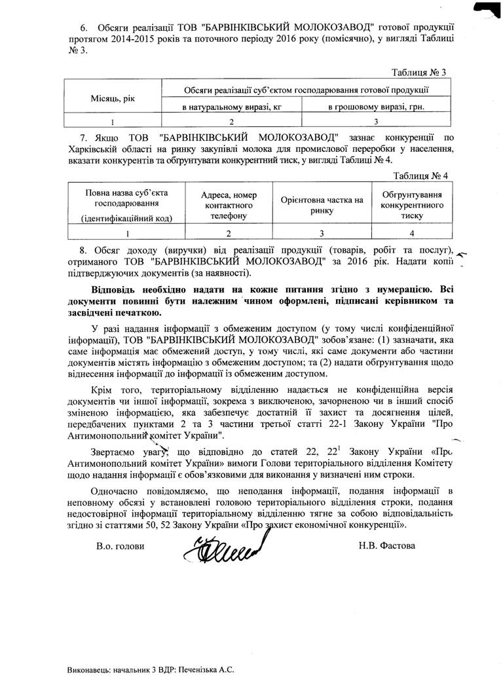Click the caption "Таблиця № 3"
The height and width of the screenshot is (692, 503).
419,72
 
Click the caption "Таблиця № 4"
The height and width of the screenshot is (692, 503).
420,177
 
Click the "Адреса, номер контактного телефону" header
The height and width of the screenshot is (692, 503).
229,206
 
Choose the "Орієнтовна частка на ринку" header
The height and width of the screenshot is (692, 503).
322,206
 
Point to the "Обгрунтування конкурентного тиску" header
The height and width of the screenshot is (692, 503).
413,206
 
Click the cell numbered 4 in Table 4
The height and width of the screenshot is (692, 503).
413,232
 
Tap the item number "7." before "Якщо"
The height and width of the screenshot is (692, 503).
84,136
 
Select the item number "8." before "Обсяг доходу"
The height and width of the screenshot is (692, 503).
83,251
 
